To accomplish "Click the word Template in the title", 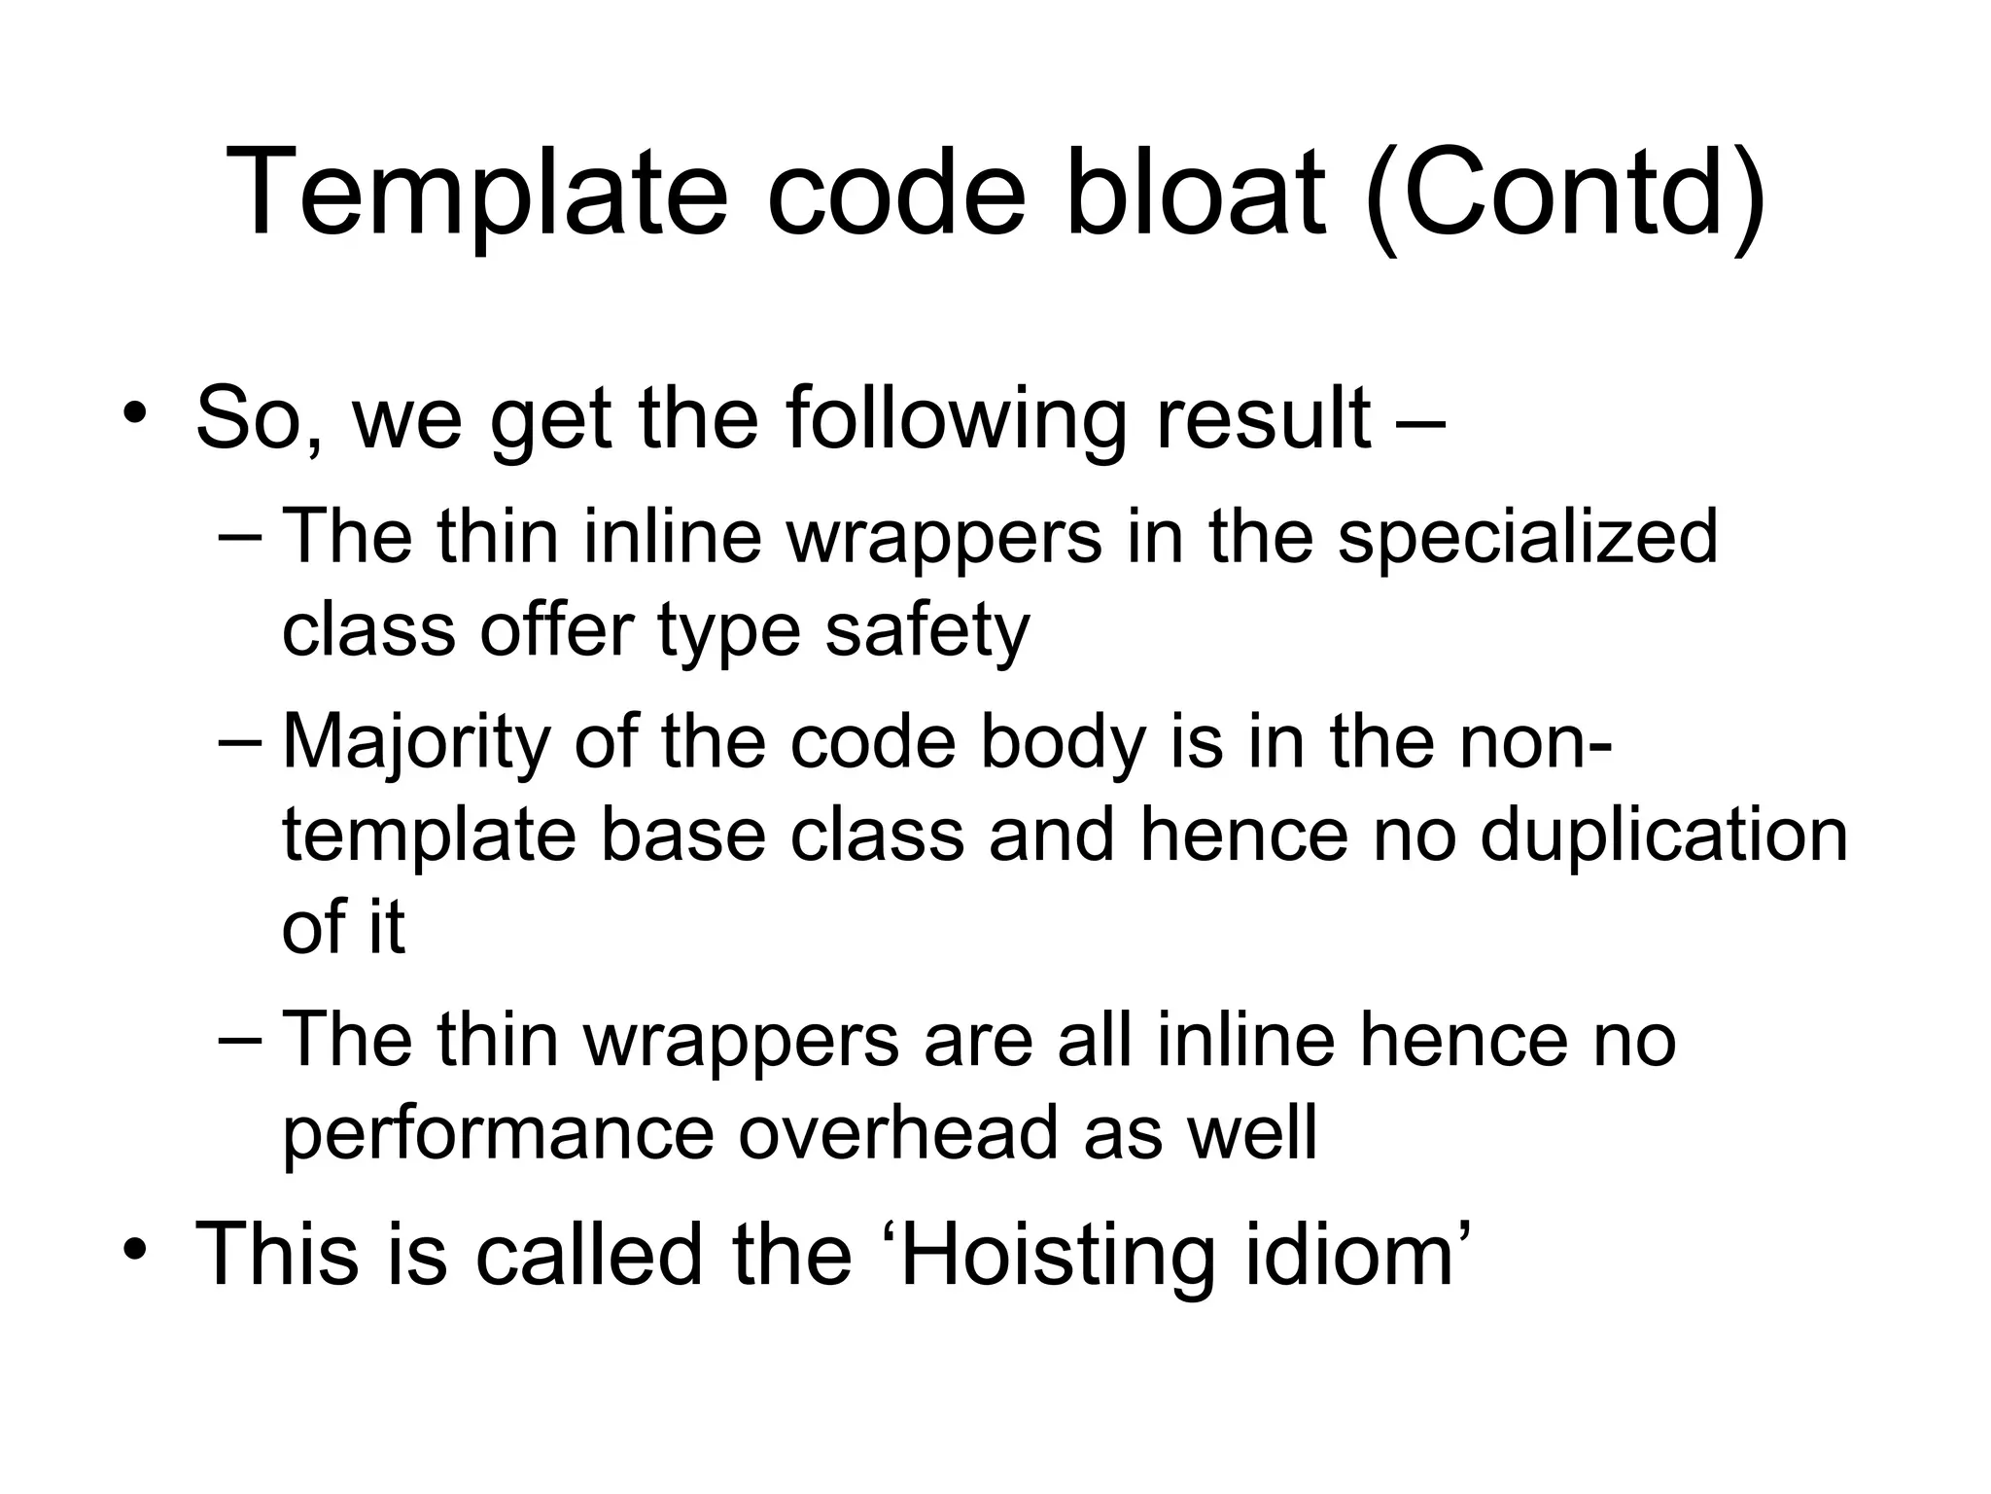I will pos(475,194).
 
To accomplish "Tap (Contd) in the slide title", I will pos(1566,194).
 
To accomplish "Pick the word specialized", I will pos(1527,538).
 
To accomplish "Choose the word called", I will pos(588,1254).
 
